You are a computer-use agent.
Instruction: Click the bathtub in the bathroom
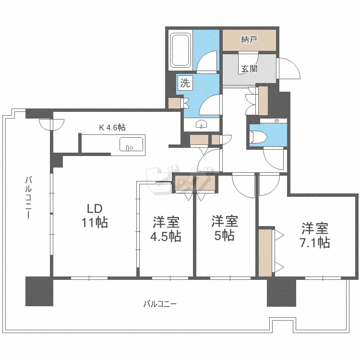pos(181,50)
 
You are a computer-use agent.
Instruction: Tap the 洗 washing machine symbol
pos(185,83)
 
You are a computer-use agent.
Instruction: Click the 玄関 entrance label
pos(249,69)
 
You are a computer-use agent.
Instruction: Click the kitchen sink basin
pos(131,144)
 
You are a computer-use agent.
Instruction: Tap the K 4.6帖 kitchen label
pos(112,127)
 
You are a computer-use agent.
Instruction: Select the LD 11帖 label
pos(94,216)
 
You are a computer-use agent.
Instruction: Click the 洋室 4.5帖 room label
pos(167,229)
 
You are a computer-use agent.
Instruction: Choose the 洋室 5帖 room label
pos(225,228)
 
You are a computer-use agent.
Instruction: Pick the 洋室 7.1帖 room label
pos(314,235)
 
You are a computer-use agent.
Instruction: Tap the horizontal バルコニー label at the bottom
pos(160,304)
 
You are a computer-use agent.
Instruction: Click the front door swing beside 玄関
pos(288,70)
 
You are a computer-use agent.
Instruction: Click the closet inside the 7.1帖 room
pos(265,252)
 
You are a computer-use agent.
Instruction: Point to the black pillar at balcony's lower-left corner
pos(39,291)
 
